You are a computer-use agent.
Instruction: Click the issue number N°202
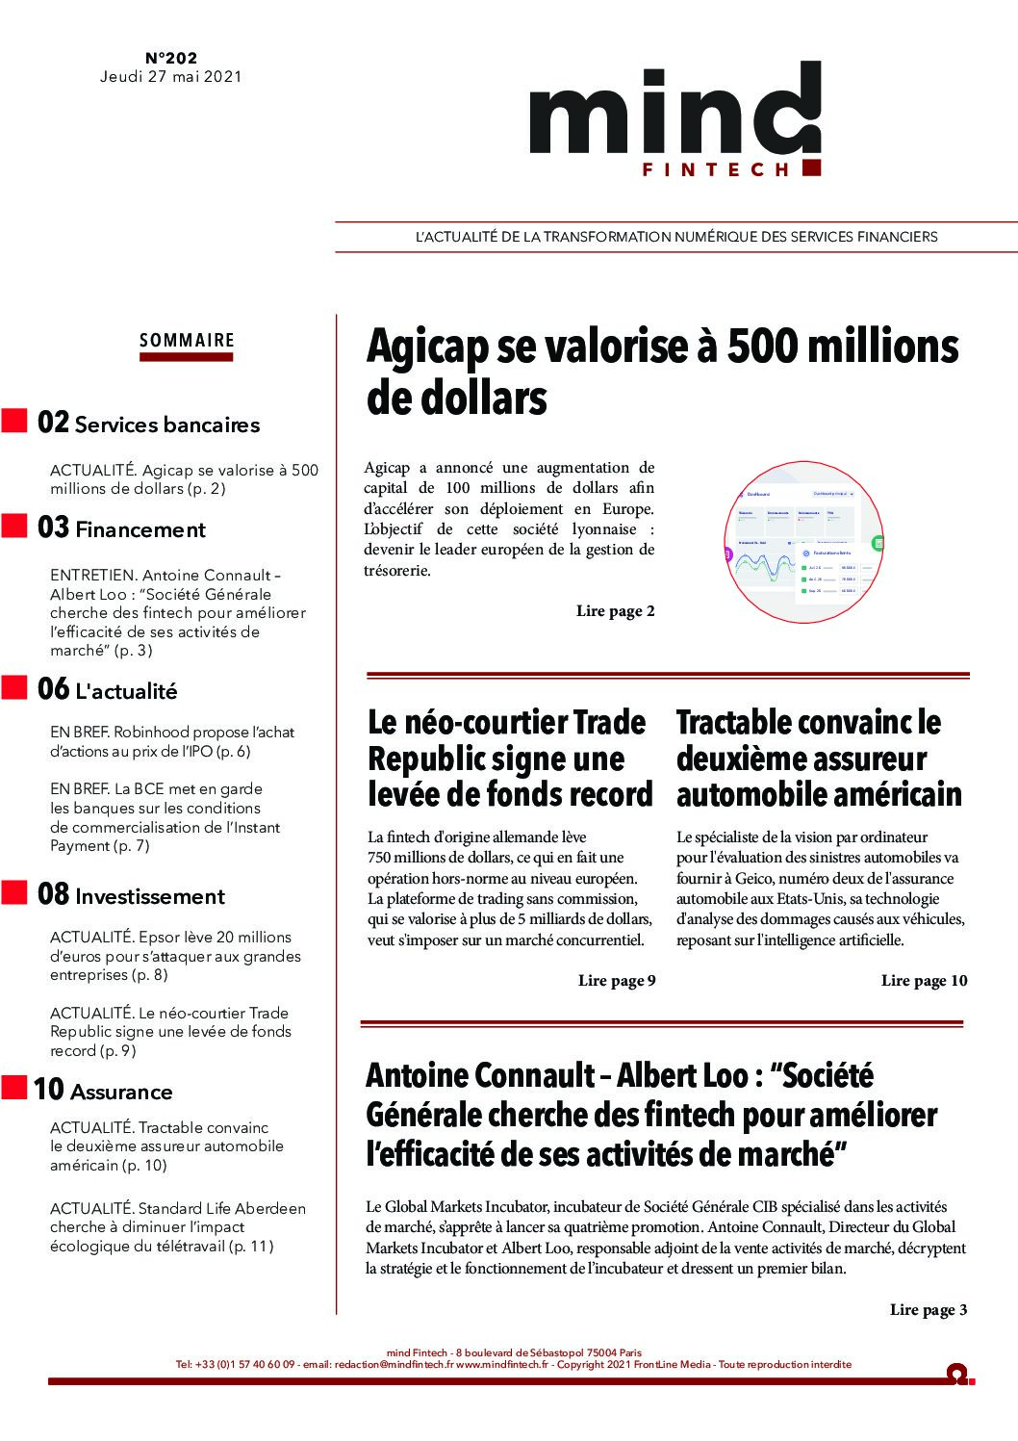click(x=171, y=58)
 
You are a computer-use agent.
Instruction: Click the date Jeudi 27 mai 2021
click(x=171, y=77)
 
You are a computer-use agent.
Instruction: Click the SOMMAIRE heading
click(x=187, y=340)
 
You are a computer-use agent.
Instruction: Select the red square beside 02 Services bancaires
click(x=14, y=422)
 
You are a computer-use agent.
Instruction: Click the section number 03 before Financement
click(x=53, y=528)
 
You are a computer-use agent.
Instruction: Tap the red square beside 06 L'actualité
click(x=14, y=687)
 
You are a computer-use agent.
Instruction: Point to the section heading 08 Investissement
click(x=131, y=895)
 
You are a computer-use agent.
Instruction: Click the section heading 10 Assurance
click(x=103, y=1091)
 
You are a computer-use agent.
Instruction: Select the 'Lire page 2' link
click(x=615, y=611)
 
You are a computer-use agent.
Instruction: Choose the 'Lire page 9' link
click(x=617, y=981)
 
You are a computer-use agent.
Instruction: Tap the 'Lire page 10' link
click(x=924, y=981)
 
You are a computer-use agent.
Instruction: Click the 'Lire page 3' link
click(x=929, y=1310)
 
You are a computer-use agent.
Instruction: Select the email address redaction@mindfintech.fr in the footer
click(x=394, y=1365)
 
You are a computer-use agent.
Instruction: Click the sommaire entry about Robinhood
click(x=171, y=741)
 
